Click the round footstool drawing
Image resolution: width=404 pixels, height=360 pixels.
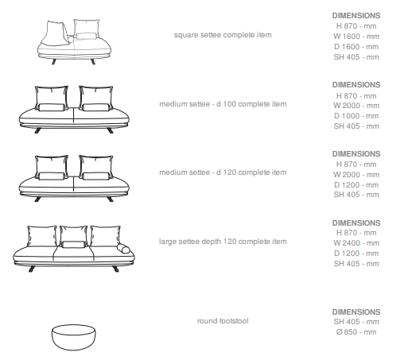coord(73,337)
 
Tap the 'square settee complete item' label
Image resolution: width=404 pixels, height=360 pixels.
coord(223,35)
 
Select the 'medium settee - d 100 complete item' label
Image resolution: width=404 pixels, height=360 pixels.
coord(223,104)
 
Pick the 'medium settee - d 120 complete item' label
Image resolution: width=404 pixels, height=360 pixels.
coord(223,172)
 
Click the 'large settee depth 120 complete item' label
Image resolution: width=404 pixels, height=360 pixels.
coord(223,242)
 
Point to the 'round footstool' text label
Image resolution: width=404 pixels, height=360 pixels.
coord(223,321)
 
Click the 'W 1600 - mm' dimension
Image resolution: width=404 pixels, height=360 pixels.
coord(356,37)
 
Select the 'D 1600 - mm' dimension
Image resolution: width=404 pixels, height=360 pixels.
coord(356,47)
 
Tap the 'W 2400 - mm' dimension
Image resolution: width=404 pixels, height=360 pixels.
coord(356,243)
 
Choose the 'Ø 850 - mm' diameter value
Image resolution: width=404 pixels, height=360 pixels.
coord(356,332)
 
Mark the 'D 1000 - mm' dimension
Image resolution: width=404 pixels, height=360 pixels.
coord(356,116)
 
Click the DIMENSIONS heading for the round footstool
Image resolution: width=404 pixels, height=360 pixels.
coord(356,312)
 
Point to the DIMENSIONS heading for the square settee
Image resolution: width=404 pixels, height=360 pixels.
coord(356,16)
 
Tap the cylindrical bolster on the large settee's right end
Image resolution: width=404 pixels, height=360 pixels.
coord(123,249)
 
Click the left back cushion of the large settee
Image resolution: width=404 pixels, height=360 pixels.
coord(42,236)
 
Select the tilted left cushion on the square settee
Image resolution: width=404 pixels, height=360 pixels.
coord(56,33)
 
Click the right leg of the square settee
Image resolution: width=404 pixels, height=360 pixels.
coord(93,62)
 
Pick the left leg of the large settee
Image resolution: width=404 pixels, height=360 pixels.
coord(32,269)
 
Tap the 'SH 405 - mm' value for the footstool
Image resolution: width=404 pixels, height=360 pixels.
coord(356,322)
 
